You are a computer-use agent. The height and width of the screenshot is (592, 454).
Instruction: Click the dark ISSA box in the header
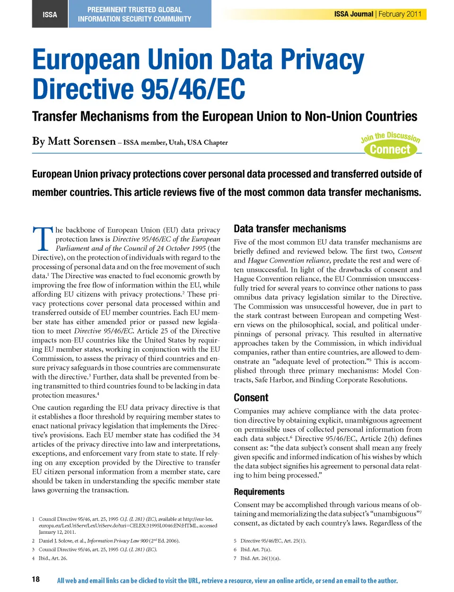click(x=50, y=14)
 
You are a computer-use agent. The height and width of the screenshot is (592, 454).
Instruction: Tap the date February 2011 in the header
click(x=400, y=14)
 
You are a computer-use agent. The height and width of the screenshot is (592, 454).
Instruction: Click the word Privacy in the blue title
click(x=323, y=61)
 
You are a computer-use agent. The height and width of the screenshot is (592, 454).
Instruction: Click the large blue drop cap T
click(x=43, y=239)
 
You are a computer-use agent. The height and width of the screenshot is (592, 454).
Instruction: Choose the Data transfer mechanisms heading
click(x=289, y=229)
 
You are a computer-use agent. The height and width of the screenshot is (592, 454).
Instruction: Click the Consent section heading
click(x=251, y=398)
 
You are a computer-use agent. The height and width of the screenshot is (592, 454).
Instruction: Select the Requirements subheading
click(x=259, y=492)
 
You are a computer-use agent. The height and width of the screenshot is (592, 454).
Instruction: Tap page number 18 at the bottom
click(x=36, y=579)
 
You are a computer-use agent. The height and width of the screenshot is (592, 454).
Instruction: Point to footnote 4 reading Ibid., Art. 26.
click(x=52, y=558)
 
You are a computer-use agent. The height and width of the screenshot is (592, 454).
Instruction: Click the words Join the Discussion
click(x=390, y=137)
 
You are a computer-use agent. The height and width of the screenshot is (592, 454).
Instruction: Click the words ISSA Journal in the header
click(x=353, y=14)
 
